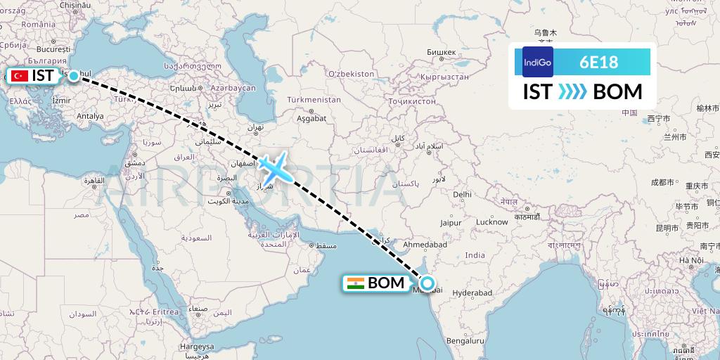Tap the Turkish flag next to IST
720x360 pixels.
(20, 76)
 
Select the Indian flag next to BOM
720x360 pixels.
(356, 283)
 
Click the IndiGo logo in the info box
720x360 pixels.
(538, 62)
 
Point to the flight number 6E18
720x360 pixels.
(599, 62)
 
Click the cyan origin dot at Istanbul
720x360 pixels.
(73, 75)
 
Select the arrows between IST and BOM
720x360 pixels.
(572, 92)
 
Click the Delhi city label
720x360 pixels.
(462, 194)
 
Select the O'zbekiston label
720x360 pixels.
(351, 73)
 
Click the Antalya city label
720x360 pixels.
(89, 116)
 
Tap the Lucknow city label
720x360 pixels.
(492, 222)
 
